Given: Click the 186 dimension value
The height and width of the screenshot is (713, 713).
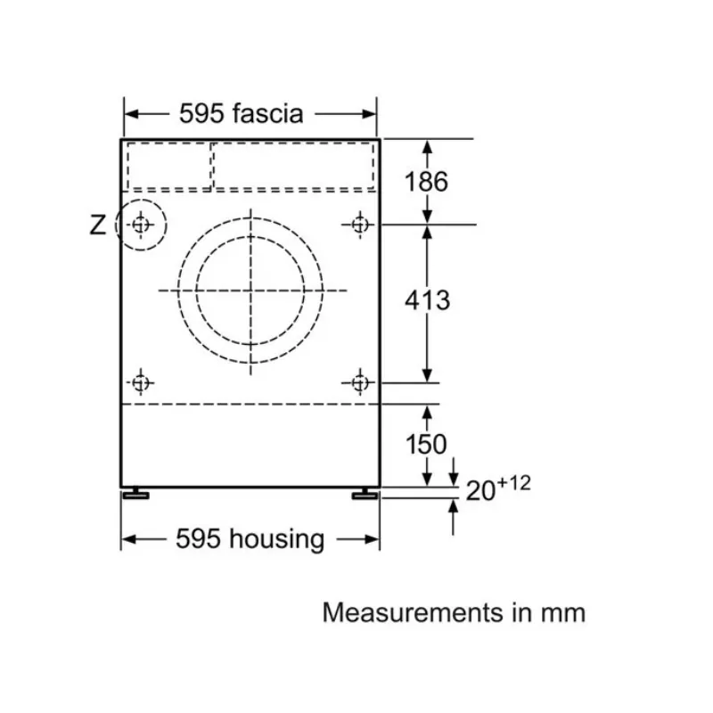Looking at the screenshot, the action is pyautogui.click(x=426, y=181).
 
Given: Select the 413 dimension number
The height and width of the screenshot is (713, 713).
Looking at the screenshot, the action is pyautogui.click(x=428, y=300).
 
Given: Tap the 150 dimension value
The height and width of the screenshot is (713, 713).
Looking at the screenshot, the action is pyautogui.click(x=426, y=444).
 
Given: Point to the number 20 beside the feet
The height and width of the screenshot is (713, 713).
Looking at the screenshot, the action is pyautogui.click(x=480, y=491).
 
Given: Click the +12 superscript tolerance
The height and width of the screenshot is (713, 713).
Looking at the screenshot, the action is pyautogui.click(x=514, y=483).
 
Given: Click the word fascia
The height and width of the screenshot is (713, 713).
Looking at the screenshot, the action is pyautogui.click(x=268, y=113).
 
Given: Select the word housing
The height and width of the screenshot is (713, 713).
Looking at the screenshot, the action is pyautogui.click(x=276, y=539).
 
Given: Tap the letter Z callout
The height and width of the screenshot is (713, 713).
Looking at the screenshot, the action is pyautogui.click(x=98, y=225).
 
